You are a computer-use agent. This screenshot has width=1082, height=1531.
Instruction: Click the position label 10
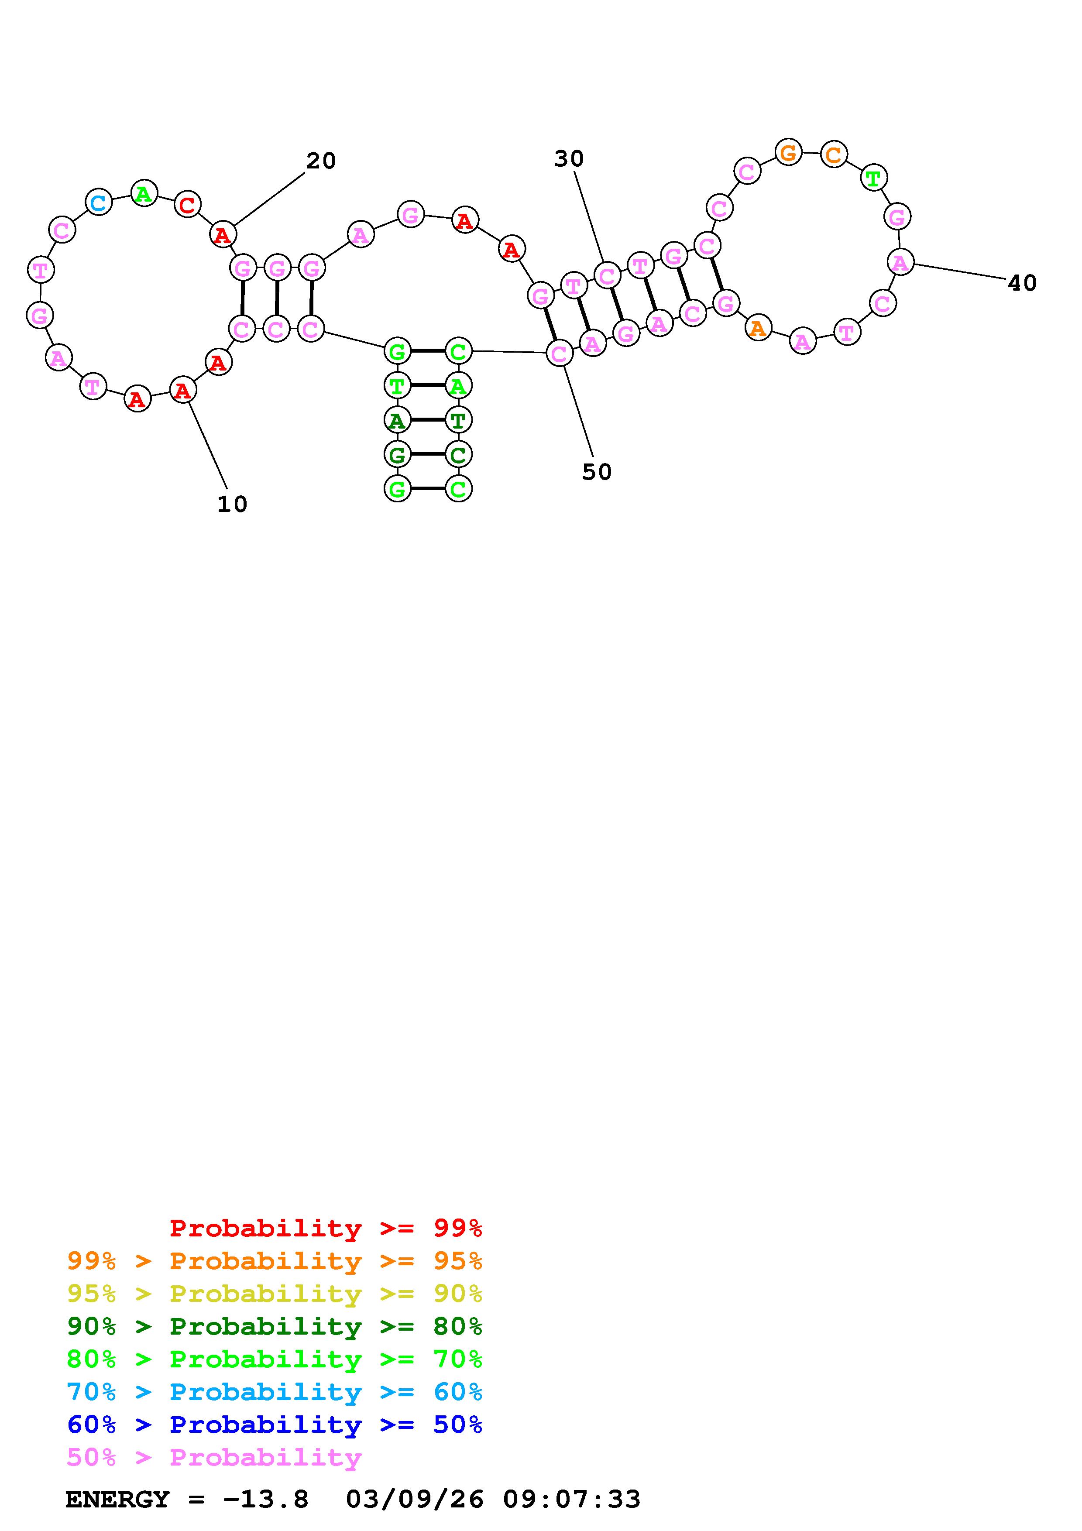pyautogui.click(x=232, y=504)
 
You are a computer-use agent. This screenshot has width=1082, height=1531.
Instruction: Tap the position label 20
pyautogui.click(x=321, y=161)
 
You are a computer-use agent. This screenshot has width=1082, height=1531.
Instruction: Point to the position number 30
pyautogui.click(x=569, y=159)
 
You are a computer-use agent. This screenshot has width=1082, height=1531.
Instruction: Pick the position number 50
pyautogui.click(x=597, y=472)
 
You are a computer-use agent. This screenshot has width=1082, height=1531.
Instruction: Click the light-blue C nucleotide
pyautogui.click(x=98, y=202)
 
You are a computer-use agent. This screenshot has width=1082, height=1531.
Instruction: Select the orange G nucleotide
pyautogui.click(x=788, y=153)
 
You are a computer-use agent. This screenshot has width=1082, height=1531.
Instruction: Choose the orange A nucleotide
pyautogui.click(x=757, y=328)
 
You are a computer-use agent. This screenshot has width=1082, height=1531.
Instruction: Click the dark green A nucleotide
pyautogui.click(x=397, y=420)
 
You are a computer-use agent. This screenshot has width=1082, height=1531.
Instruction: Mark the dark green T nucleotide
pyautogui.click(x=458, y=420)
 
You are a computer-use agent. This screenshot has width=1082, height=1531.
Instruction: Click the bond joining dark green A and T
pyautogui.click(x=427, y=420)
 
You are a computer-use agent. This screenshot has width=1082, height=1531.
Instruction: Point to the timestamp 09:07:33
pyautogui.click(x=571, y=1500)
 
